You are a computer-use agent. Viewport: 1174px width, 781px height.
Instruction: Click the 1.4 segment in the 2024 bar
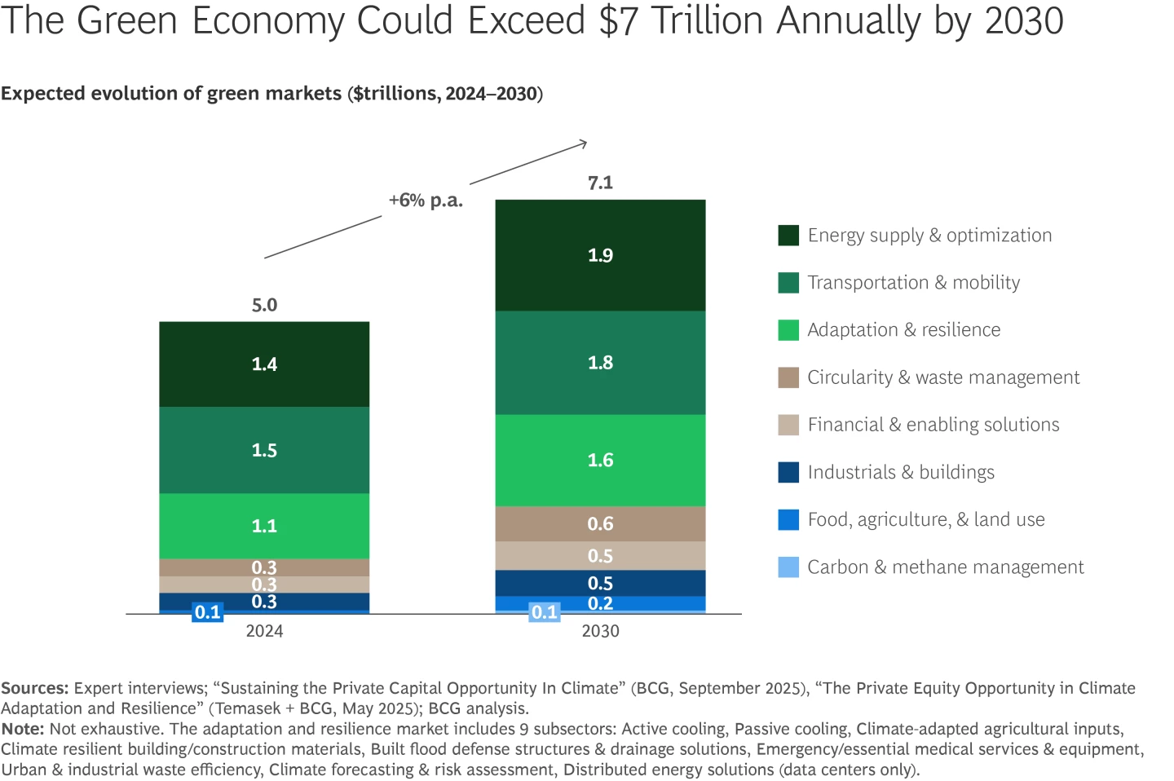264,364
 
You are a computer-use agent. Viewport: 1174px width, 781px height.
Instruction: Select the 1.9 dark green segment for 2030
600,255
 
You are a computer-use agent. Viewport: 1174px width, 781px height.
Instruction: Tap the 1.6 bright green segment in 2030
600,461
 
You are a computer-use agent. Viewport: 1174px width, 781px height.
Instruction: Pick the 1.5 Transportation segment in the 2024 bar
264,450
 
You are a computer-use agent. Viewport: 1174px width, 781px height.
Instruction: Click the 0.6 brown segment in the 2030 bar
600,524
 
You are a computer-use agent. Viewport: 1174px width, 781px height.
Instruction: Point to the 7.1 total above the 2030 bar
600,183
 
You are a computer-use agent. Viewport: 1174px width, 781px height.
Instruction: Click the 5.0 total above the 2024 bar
264,305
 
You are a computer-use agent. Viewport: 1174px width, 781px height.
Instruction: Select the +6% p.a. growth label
426,201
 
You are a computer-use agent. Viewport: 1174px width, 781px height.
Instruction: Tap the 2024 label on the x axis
264,631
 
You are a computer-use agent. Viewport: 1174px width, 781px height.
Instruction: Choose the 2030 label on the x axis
600,631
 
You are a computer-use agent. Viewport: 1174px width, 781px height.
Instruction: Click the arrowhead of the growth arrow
584,143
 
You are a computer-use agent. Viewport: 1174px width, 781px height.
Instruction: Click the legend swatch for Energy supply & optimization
788,236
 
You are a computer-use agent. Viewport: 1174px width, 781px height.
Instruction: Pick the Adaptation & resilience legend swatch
788,330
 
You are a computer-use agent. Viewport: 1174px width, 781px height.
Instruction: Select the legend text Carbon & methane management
946,567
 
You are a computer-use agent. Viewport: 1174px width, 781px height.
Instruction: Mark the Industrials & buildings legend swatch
788,472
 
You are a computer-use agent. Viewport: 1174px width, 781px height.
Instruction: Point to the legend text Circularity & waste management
943,377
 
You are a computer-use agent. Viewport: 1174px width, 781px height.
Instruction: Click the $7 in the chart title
618,20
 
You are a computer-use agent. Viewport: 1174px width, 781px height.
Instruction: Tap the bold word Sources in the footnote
34,688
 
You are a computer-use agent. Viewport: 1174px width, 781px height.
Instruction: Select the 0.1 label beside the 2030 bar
545,612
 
